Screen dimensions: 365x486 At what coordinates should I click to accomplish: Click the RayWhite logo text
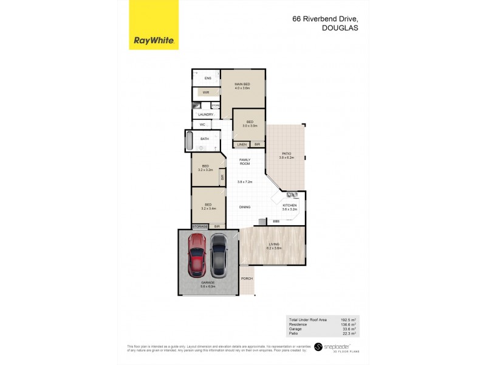(x=154, y=41)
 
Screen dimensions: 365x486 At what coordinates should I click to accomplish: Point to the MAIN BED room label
(x=242, y=84)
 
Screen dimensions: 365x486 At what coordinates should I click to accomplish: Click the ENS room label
(x=207, y=78)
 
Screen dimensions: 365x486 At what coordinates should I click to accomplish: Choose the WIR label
(x=206, y=92)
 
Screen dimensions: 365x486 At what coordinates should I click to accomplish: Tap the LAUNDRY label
(x=205, y=114)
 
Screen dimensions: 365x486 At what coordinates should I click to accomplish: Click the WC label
(x=203, y=125)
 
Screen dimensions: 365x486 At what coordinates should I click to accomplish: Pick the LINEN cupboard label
(x=242, y=144)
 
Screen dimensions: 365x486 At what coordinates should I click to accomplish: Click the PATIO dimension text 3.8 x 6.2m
(x=286, y=158)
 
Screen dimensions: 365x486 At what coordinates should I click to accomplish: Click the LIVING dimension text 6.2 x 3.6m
(x=275, y=248)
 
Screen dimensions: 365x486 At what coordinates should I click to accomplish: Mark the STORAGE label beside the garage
(x=200, y=226)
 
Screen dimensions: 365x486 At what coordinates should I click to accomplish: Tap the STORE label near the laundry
(x=216, y=105)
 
